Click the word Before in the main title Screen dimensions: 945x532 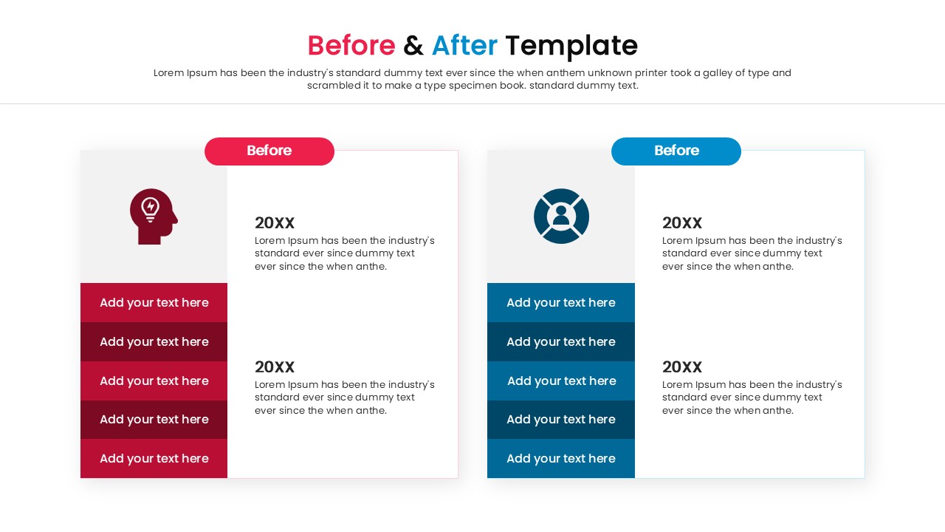(x=351, y=45)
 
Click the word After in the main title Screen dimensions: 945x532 (x=464, y=45)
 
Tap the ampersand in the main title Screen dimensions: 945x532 (x=413, y=45)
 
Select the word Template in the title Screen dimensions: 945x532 (x=571, y=47)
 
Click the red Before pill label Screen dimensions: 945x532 (x=269, y=151)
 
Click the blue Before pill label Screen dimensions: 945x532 (x=676, y=151)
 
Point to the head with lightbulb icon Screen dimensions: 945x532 (x=154, y=216)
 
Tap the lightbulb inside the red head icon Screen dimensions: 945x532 (x=150, y=209)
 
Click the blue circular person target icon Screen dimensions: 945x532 (x=561, y=216)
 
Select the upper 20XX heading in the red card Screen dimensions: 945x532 (x=275, y=223)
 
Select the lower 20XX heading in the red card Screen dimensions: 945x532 (x=275, y=367)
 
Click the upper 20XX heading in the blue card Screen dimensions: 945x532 (x=682, y=223)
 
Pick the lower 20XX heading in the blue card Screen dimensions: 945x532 (x=682, y=367)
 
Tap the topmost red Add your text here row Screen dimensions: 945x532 (x=154, y=303)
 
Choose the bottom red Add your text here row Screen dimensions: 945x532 (x=154, y=459)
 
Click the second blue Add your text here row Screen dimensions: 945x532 (x=561, y=341)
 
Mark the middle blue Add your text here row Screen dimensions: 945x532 (x=561, y=381)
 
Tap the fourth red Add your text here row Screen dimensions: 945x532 (x=154, y=420)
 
